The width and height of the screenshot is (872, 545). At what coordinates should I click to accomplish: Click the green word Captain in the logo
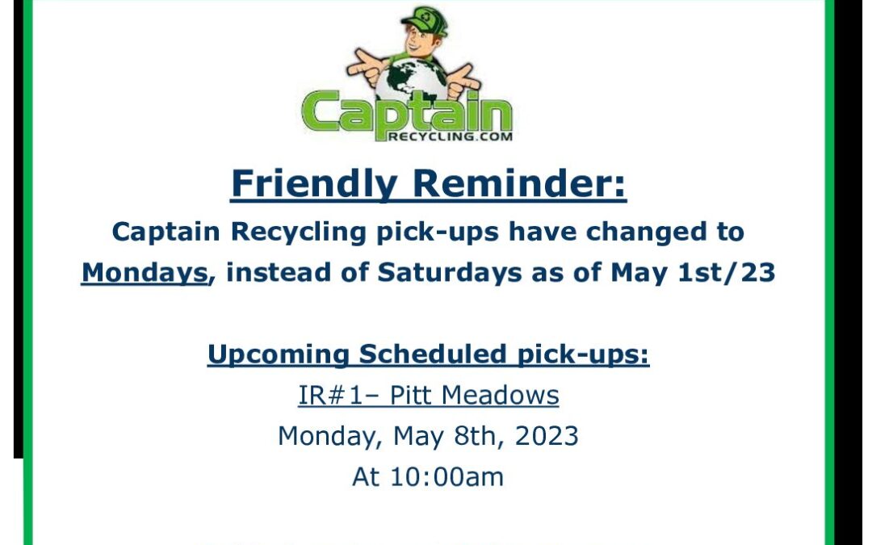(x=406, y=114)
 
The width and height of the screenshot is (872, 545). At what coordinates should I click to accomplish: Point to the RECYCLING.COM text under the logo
(x=450, y=136)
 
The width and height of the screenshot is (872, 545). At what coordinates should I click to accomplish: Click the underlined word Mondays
(x=145, y=273)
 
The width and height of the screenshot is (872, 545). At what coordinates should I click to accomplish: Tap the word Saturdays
(x=450, y=273)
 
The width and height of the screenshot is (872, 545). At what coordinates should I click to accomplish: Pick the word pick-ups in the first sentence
(x=437, y=232)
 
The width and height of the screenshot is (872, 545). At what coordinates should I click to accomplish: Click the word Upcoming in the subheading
(x=278, y=354)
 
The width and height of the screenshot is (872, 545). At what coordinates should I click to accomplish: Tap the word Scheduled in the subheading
(x=433, y=354)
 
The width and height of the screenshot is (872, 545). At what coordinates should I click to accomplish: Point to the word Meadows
(x=500, y=396)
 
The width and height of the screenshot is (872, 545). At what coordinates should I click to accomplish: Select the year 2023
(x=546, y=436)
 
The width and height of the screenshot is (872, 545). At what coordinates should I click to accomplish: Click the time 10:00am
(x=447, y=477)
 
